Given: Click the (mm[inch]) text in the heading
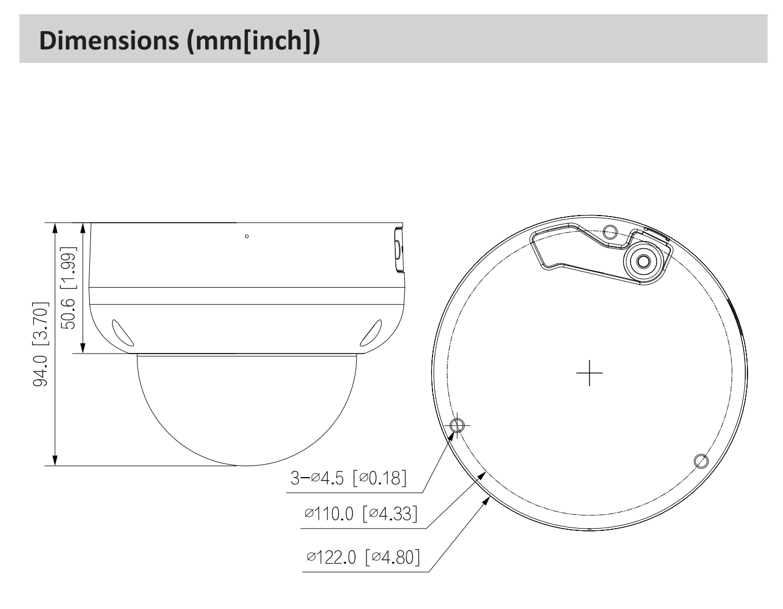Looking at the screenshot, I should point(253,41).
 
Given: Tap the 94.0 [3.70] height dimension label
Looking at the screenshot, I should point(40,344).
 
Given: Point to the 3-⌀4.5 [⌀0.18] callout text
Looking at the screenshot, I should point(348,477).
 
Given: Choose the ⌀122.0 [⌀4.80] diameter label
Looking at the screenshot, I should point(362,556).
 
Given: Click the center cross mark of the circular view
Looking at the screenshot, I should point(589,372).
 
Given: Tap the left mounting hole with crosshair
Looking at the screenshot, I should point(457,426).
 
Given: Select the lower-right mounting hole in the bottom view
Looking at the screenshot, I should point(701,460).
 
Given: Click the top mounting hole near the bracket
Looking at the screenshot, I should point(609,232).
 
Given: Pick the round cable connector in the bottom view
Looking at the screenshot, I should point(643,260).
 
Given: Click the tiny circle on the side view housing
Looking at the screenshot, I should point(247,237).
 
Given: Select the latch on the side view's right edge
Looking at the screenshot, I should point(399,250).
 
